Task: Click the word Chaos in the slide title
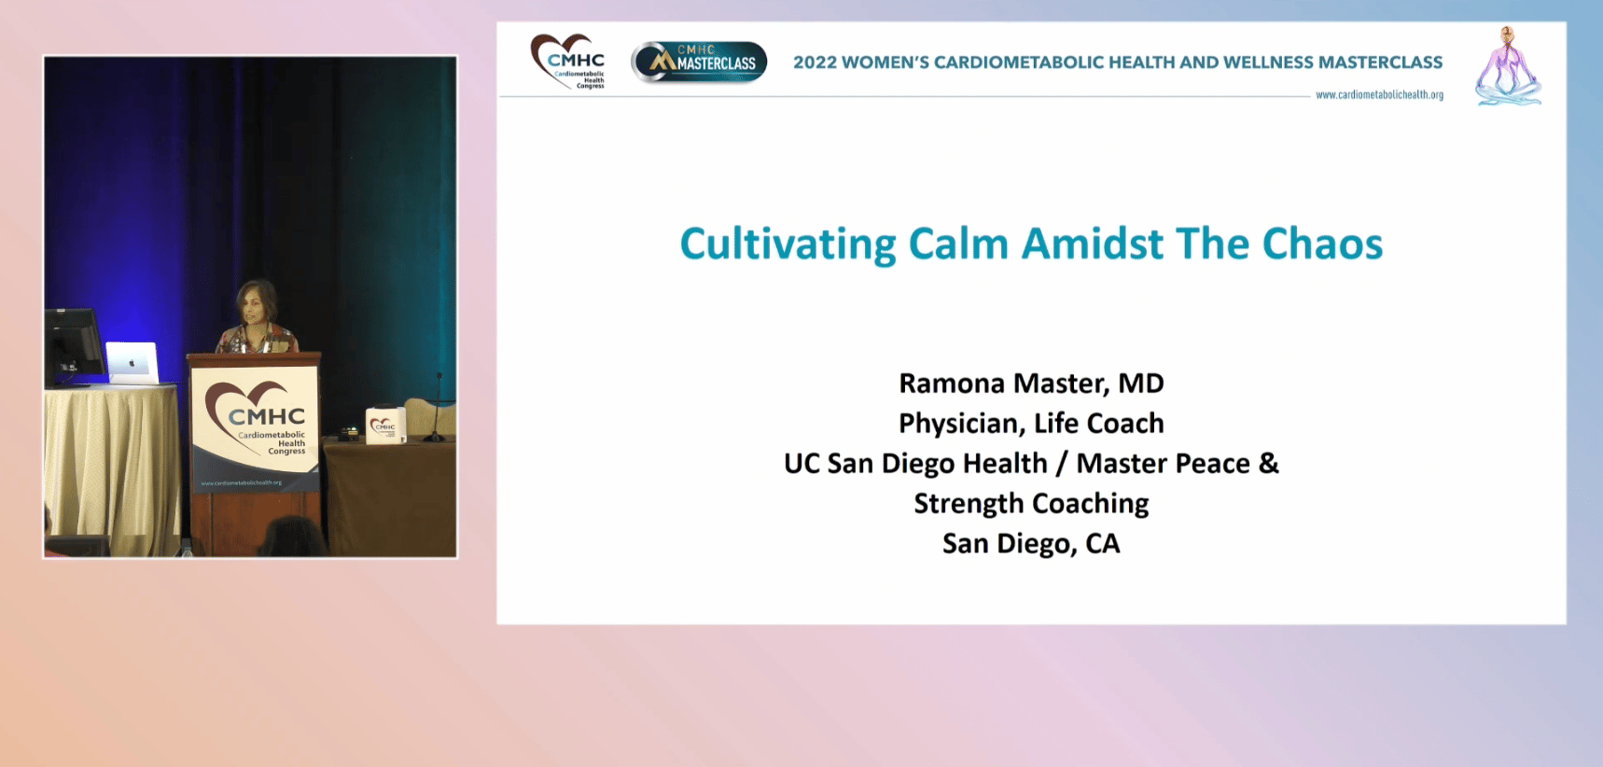(x=1322, y=244)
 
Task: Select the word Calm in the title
(x=959, y=244)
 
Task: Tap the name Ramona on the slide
(x=952, y=383)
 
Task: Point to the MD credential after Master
(x=1140, y=383)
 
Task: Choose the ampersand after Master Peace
(x=1269, y=464)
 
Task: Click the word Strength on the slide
(x=969, y=504)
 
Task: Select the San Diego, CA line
(x=1031, y=544)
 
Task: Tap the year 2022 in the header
(x=815, y=63)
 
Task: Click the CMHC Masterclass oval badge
(x=699, y=63)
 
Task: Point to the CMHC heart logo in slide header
(x=567, y=62)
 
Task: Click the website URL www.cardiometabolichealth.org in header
(x=1379, y=95)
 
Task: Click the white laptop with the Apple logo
(x=132, y=362)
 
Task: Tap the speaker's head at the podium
(x=257, y=301)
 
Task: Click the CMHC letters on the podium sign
(x=267, y=417)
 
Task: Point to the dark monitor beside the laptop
(x=74, y=344)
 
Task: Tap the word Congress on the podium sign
(x=286, y=452)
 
